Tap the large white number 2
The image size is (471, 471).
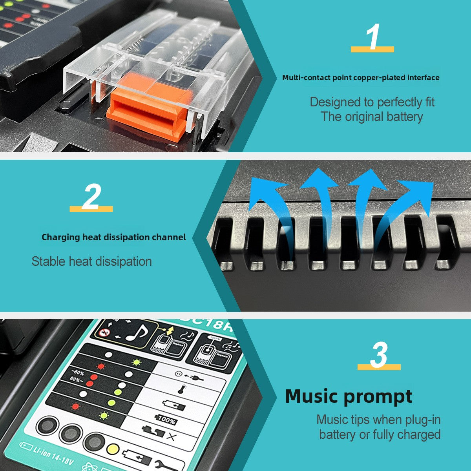(91, 196)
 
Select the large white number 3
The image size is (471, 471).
(379, 355)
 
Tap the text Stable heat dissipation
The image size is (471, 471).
(92, 261)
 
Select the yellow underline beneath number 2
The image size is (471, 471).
(91, 209)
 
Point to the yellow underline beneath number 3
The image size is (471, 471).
(379, 367)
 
